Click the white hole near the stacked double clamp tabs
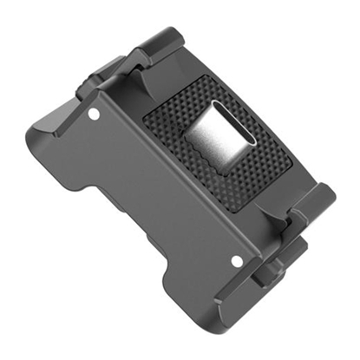pyautogui.click(x=235, y=259)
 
